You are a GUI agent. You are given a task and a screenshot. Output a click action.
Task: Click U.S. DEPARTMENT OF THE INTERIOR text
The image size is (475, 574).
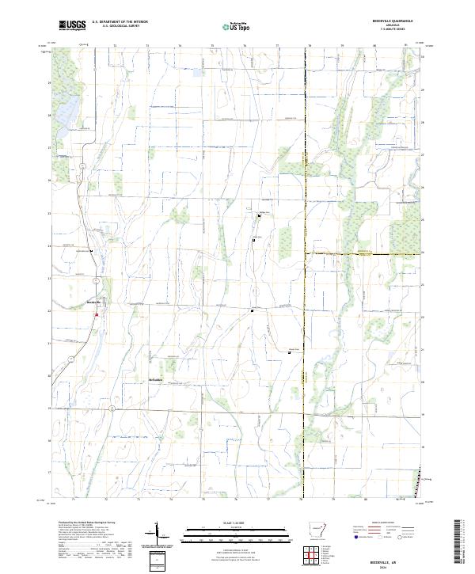[x=120, y=21]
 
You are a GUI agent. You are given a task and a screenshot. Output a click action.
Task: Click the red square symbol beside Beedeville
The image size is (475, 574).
[x=97, y=315]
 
